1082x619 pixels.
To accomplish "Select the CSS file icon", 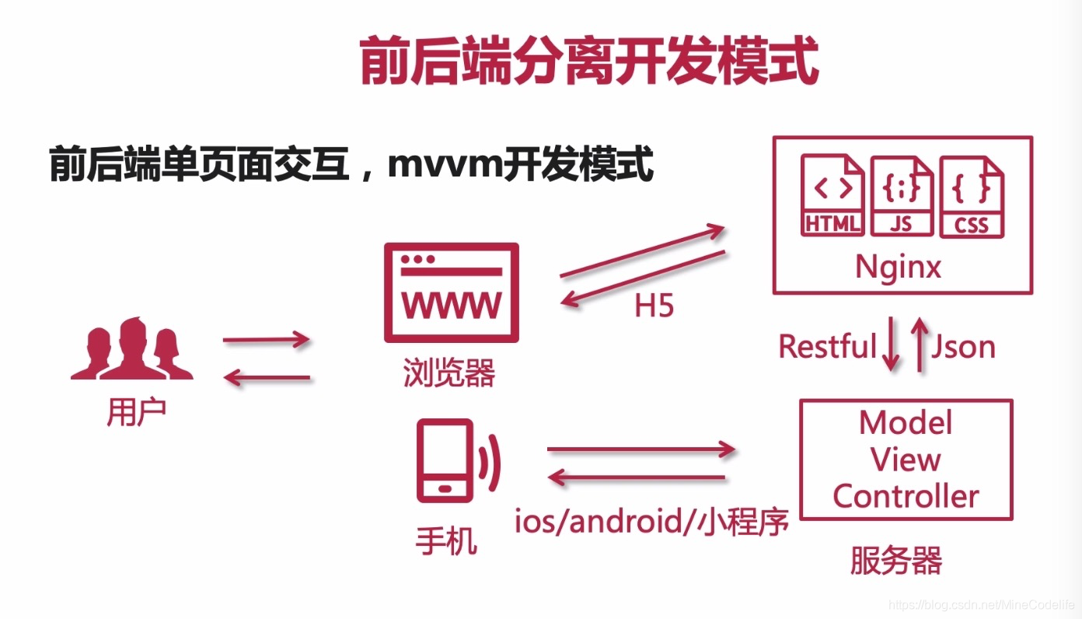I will (x=971, y=196).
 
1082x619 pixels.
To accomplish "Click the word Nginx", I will (x=898, y=267).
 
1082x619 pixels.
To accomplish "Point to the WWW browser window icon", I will (x=451, y=292).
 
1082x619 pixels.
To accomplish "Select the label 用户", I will (x=136, y=414).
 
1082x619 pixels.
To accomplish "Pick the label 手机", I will (x=446, y=541).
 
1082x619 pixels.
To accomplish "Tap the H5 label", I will (x=654, y=306).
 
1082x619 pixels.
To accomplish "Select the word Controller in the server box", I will (x=906, y=496).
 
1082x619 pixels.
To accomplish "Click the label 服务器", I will (x=895, y=561).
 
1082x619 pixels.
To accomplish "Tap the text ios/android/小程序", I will (x=651, y=520).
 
